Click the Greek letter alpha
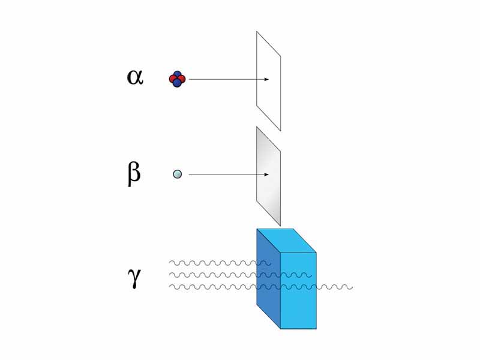pos(135,77)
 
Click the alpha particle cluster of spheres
pos(177,79)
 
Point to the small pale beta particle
pos(177,174)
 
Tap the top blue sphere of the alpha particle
pos(178,75)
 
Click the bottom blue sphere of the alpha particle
pos(177,83)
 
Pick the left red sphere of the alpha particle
pos(173,79)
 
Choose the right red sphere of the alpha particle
pos(182,79)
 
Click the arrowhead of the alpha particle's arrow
pos(266,79)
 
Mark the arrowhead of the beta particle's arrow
pos(266,175)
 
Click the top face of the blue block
pos(287,240)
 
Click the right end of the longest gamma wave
pos(352,287)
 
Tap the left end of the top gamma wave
pos(170,263)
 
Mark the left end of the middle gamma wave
pos(170,275)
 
